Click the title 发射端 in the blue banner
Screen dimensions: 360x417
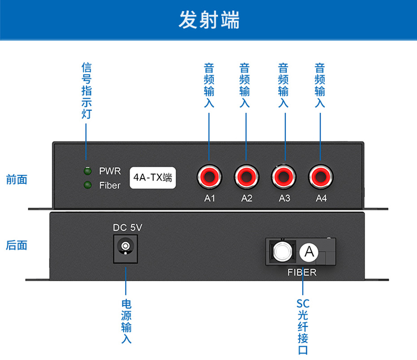tap(209, 20)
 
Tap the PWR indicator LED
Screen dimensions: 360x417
tap(87, 171)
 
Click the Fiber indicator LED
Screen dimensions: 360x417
tap(87, 185)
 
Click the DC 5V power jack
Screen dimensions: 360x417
tap(126, 247)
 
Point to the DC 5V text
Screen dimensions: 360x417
tap(127, 227)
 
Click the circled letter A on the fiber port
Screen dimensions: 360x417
tap(309, 252)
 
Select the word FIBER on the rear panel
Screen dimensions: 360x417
tap(302, 272)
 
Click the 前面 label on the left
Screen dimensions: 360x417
tap(17, 180)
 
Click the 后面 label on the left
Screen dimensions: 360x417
tap(17, 245)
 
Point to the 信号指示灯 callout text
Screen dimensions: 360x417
tap(87, 91)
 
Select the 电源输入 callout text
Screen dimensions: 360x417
tap(126, 321)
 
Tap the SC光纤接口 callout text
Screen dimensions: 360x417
tap(303, 327)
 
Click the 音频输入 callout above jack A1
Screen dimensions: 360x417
tap(209, 86)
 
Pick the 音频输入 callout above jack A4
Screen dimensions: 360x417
tap(320, 86)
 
